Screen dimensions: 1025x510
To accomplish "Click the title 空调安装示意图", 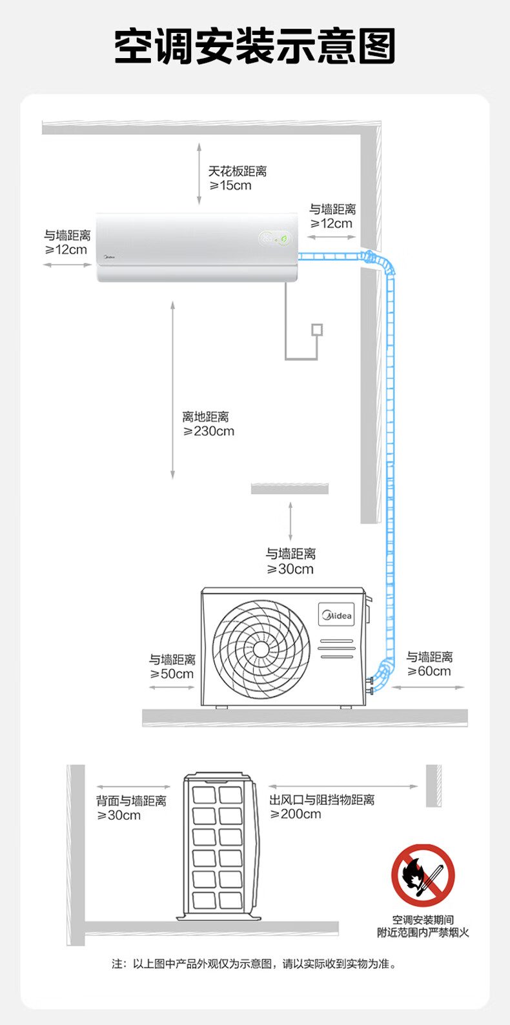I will pyautogui.click(x=255, y=47).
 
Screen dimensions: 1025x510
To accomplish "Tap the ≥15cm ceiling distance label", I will pyautogui.click(x=231, y=186).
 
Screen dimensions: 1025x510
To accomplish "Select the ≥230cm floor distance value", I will pyautogui.click(x=209, y=431).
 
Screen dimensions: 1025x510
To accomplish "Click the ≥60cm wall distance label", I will pyautogui.click(x=429, y=671).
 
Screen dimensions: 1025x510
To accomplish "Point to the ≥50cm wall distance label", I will pyautogui.click(x=172, y=674).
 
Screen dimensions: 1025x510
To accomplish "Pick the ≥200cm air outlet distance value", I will pyautogui.click(x=296, y=815).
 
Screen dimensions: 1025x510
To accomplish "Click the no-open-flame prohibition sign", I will pyautogui.click(x=423, y=875).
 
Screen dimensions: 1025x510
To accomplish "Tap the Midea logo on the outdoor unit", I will pyautogui.click(x=336, y=615).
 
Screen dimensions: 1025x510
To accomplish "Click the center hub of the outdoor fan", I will pyautogui.click(x=260, y=649).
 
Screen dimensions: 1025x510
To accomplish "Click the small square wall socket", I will pyautogui.click(x=316, y=330).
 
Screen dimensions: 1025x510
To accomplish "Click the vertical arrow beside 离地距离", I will pyautogui.click(x=172, y=390).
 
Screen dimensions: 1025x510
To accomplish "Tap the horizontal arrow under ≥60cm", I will pyautogui.click(x=427, y=687).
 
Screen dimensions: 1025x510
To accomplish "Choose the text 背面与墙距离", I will pyautogui.click(x=131, y=801).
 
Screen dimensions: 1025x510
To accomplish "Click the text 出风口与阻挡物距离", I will pyautogui.click(x=321, y=800).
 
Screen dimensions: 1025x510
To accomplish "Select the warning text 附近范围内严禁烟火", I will pyautogui.click(x=423, y=933).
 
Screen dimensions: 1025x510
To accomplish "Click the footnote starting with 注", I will pyautogui.click(x=254, y=964).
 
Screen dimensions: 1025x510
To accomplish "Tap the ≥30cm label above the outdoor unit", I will pyautogui.click(x=291, y=569).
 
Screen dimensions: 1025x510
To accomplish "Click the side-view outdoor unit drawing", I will pyautogui.click(x=218, y=845).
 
